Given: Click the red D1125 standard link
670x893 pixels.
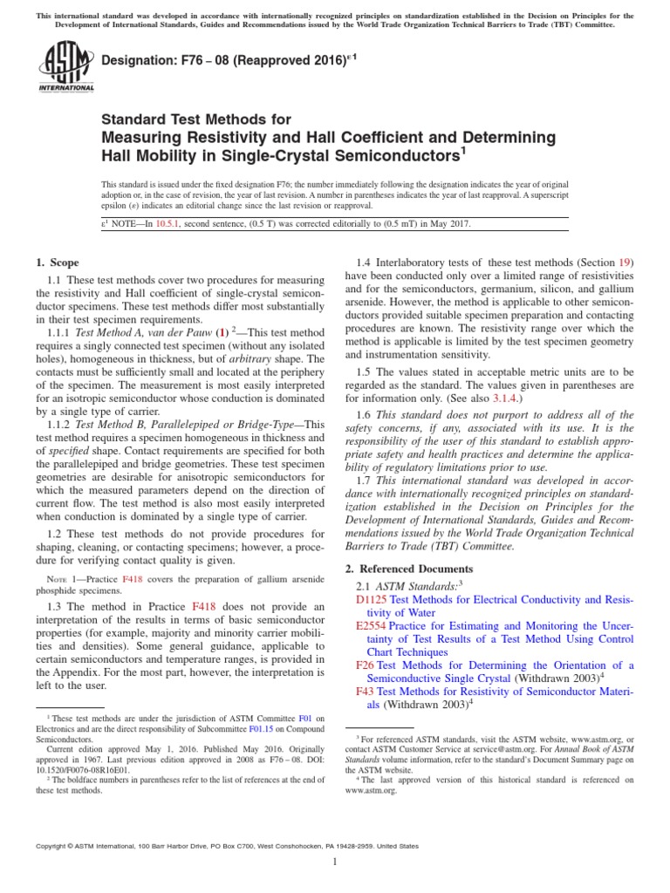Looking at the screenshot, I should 371,600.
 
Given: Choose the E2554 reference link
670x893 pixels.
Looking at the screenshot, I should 371,626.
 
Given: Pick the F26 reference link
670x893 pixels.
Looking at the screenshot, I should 365,665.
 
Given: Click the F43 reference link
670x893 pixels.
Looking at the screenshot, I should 365,691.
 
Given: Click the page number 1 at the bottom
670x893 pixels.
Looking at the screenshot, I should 335,862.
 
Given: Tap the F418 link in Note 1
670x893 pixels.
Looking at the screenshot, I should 132,580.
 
